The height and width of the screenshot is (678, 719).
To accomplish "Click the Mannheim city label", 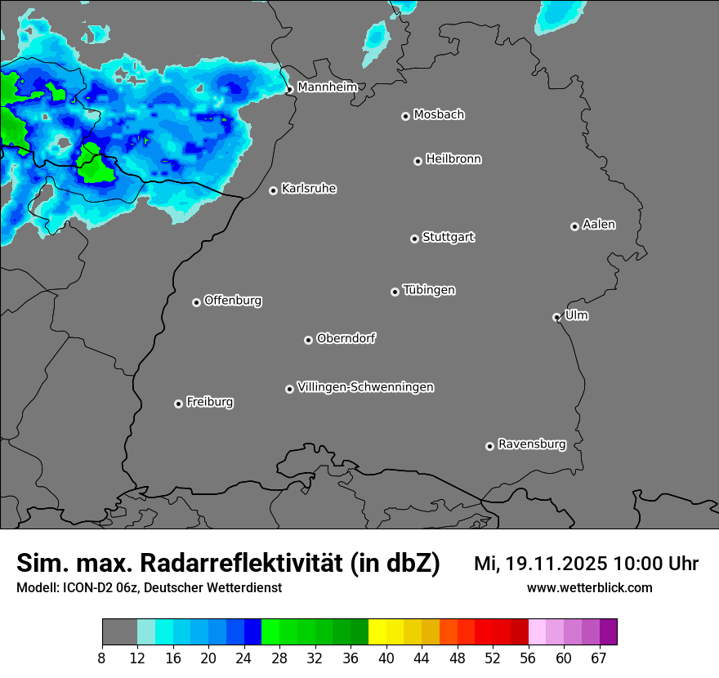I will pos(327,87).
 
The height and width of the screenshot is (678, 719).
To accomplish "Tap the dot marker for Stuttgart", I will pos(414,239).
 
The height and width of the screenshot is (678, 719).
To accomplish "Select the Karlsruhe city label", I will pos(309,189).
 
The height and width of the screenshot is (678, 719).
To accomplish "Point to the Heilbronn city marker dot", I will pos(418,161).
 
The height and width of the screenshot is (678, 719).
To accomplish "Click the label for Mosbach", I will pos(439,114).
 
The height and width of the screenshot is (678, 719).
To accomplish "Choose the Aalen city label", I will pos(599,225).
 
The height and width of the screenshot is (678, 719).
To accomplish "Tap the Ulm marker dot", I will pos(556,317).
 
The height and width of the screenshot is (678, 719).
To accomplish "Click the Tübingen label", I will pos(429,290).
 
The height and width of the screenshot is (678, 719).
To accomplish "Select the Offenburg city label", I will pos(233,301).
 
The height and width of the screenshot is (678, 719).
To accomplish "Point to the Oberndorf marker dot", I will pos(308,340).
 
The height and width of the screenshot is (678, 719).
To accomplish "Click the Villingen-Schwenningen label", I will pos(365,387).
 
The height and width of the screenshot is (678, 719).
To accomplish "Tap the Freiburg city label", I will pos(210,402).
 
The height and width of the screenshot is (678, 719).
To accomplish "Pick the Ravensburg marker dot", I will pos(489,446).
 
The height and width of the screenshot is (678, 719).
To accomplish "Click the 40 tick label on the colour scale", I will pos(386,658).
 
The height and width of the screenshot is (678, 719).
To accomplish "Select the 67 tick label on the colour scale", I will pos(599,658).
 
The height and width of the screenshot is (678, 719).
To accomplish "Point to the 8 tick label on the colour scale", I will pos(102,658).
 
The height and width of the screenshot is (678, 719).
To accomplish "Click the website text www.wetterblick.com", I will pos(589,587).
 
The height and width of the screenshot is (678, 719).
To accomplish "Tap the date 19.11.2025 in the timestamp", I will pos(551,564).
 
